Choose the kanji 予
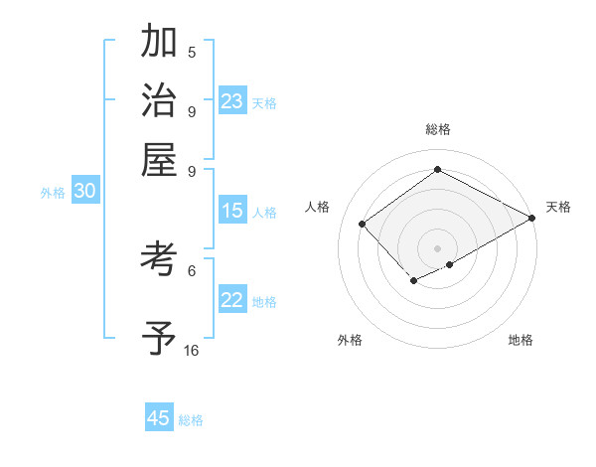(159, 339)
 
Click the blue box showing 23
(232, 101)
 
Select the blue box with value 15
(232, 211)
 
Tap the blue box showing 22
(232, 301)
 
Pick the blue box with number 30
(84, 193)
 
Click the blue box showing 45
(159, 418)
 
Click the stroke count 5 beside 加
(192, 53)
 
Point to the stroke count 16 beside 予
(192, 351)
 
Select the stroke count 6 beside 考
(192, 269)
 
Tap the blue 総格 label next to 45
(191, 420)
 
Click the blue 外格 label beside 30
(53, 194)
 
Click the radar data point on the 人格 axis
(363, 224)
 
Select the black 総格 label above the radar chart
(437, 129)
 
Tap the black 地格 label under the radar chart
(521, 340)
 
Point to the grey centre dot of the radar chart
(437, 247)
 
